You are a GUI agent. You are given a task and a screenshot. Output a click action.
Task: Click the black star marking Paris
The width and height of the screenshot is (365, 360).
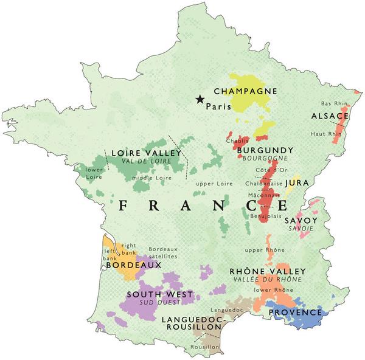pos(199,99)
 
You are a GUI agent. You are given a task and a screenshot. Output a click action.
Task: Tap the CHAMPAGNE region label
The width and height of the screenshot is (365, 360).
pos(245,91)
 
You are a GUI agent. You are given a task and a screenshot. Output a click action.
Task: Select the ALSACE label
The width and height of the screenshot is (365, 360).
pos(330,116)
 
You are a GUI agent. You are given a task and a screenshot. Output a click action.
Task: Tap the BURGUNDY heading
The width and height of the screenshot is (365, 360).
pos(265,150)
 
